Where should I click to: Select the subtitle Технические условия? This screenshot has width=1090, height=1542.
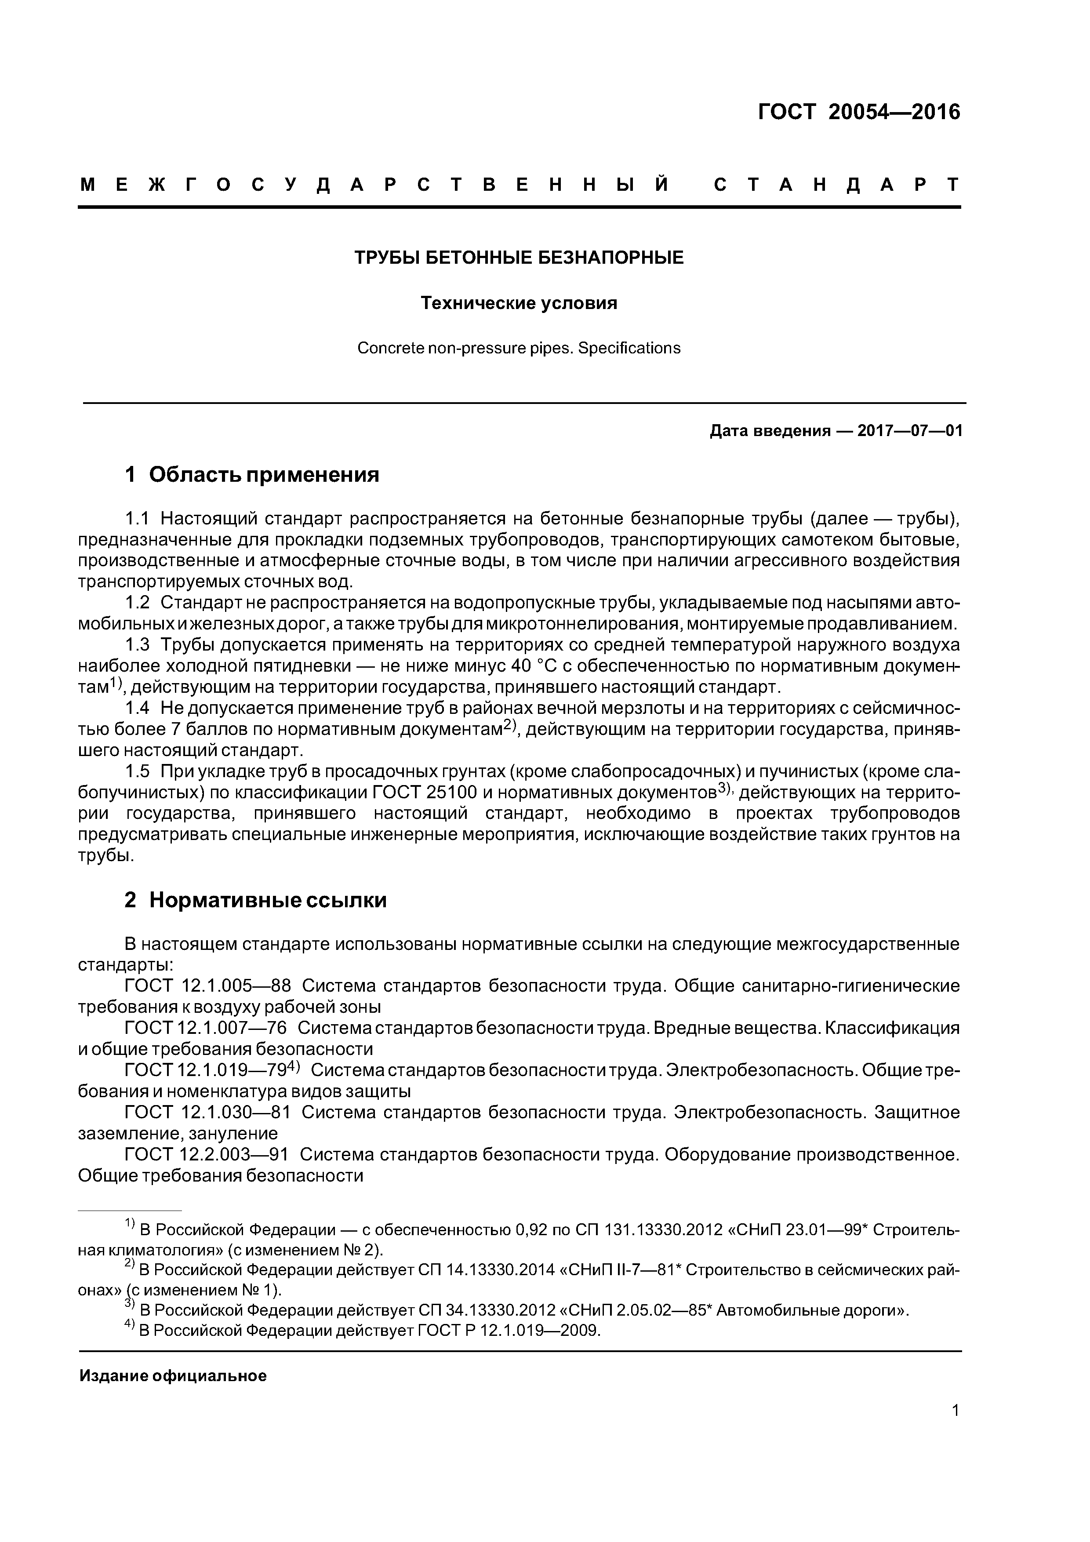pyautogui.click(x=519, y=304)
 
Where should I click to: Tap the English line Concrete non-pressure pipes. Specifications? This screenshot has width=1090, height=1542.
pyautogui.click(x=519, y=348)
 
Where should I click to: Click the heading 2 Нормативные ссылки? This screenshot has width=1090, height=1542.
pyautogui.click(x=255, y=900)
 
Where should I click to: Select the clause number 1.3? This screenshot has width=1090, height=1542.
pyautogui.click(x=138, y=645)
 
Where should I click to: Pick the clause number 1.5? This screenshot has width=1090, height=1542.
pyautogui.click(x=138, y=772)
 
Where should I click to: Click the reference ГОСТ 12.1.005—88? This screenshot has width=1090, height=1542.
pyautogui.click(x=208, y=986)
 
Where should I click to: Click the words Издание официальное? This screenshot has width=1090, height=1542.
pyautogui.click(x=173, y=1376)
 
